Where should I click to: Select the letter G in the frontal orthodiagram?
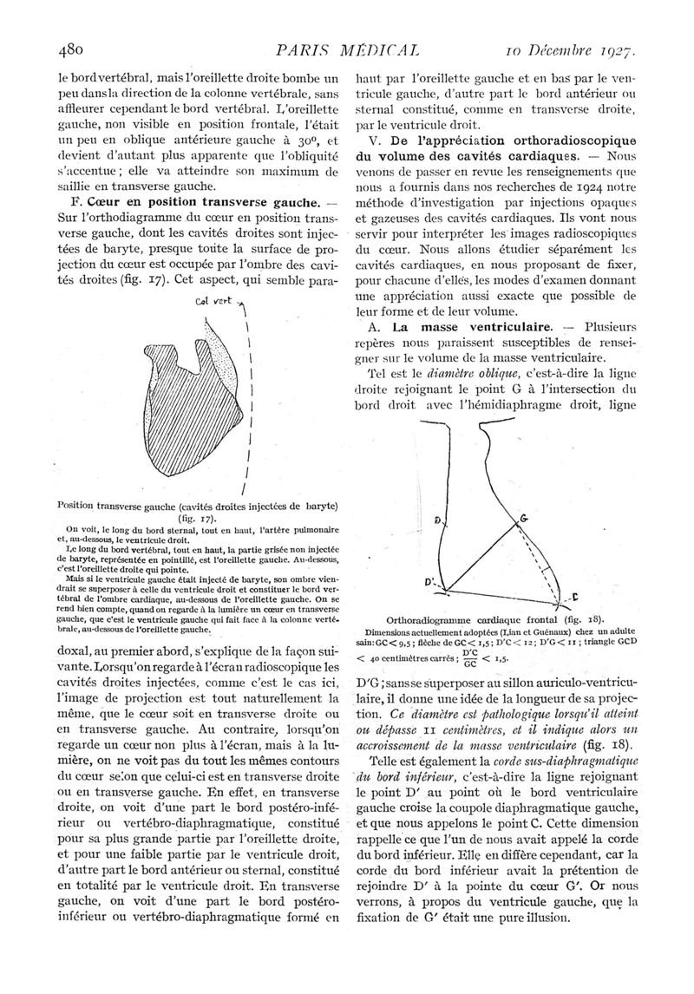[523, 519]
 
